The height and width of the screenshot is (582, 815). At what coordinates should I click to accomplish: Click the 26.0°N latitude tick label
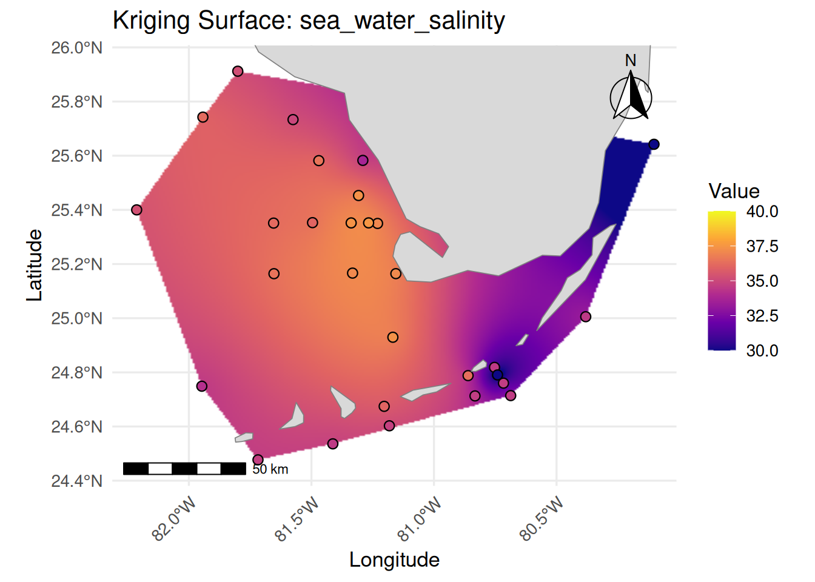tap(76, 47)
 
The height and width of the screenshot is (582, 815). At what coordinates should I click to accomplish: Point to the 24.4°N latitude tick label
tap(76, 481)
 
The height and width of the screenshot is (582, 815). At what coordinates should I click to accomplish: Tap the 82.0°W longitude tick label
tap(174, 518)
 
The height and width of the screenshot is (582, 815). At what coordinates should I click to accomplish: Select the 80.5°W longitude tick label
tap(542, 518)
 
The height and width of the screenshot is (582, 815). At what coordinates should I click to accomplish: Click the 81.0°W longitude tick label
tap(419, 518)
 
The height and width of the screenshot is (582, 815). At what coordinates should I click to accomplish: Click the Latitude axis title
tap(35, 265)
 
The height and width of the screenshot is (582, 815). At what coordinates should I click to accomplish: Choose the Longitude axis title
tap(394, 560)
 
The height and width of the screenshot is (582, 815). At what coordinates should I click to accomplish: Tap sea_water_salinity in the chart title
tap(402, 21)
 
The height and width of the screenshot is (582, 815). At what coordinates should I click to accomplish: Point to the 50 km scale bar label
tap(270, 469)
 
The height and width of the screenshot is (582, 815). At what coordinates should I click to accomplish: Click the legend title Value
tap(734, 191)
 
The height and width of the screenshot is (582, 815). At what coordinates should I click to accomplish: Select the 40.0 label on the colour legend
tap(762, 212)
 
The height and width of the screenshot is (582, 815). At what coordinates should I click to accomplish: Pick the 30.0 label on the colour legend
tap(762, 350)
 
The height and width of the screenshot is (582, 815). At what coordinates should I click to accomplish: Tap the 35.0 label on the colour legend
tap(762, 281)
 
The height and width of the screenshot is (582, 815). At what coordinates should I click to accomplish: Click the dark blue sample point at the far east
tap(654, 144)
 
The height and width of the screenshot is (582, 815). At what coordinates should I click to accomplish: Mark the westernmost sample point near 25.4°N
tap(136, 210)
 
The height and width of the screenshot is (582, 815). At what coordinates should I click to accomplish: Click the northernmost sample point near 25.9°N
tap(238, 72)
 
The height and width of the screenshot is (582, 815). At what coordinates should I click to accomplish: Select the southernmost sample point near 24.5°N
tap(258, 460)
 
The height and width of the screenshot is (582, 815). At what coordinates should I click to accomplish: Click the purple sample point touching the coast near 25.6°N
tap(363, 161)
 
